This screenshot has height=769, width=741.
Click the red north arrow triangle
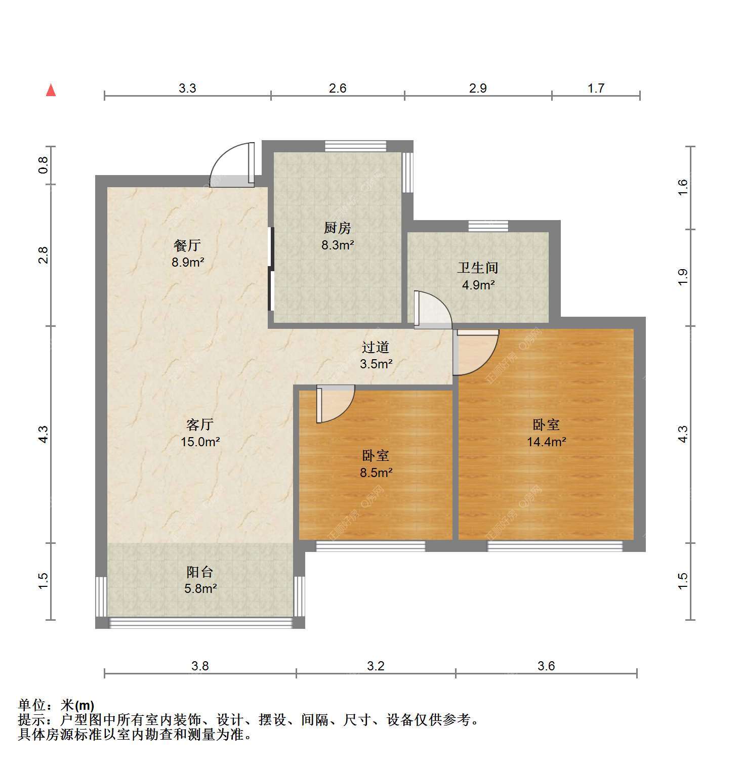click(51, 90)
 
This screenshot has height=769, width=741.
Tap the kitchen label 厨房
click(338, 228)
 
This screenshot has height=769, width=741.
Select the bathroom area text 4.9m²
click(478, 285)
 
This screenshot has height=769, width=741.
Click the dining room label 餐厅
click(187, 245)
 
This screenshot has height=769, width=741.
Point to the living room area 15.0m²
click(200, 442)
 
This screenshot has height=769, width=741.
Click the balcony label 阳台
click(200, 572)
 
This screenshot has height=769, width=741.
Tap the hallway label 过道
click(376, 347)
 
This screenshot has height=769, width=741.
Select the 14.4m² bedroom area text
click(546, 442)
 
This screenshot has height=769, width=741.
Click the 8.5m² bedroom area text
click(376, 473)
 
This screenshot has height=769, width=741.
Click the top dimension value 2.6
click(338, 88)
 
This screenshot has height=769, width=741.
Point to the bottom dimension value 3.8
click(200, 666)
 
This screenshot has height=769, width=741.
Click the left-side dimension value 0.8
click(44, 165)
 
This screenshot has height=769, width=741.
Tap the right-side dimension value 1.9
click(683, 277)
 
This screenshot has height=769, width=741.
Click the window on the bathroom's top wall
click(488, 226)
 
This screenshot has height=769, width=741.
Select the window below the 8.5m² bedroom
click(370, 545)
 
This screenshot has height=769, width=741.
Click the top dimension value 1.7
click(596, 88)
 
